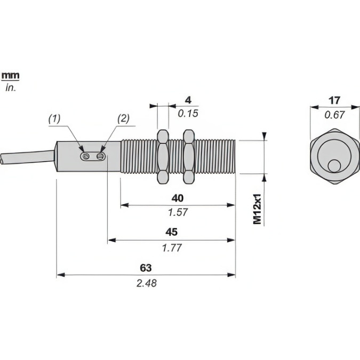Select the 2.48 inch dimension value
coord(146,283)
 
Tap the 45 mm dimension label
coord(171,232)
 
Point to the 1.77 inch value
coord(171,247)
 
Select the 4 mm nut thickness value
coord(187,100)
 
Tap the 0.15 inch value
coord(187,113)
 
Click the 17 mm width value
coord(335,100)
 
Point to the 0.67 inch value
coord(335,114)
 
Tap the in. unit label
coord(11,88)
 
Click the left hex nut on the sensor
coord(163,156)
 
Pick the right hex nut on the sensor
coord(188,156)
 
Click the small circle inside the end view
coord(334,166)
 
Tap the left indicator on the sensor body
coord(85,156)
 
